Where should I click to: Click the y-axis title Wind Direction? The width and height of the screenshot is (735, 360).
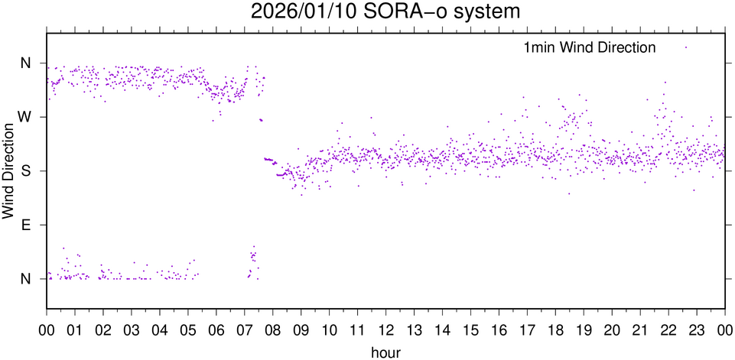pos(8,170)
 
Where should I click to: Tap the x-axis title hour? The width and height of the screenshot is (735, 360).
pos(385,351)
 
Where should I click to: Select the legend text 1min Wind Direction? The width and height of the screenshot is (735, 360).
pos(589,47)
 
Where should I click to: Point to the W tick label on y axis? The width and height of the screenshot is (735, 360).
pos(26,117)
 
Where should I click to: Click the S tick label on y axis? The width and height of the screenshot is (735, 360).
pos(26,170)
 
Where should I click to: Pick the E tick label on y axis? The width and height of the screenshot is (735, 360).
pos(26,225)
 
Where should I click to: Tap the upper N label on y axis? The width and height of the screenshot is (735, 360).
pos(26,63)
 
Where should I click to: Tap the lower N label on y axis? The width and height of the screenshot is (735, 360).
pos(26,278)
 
